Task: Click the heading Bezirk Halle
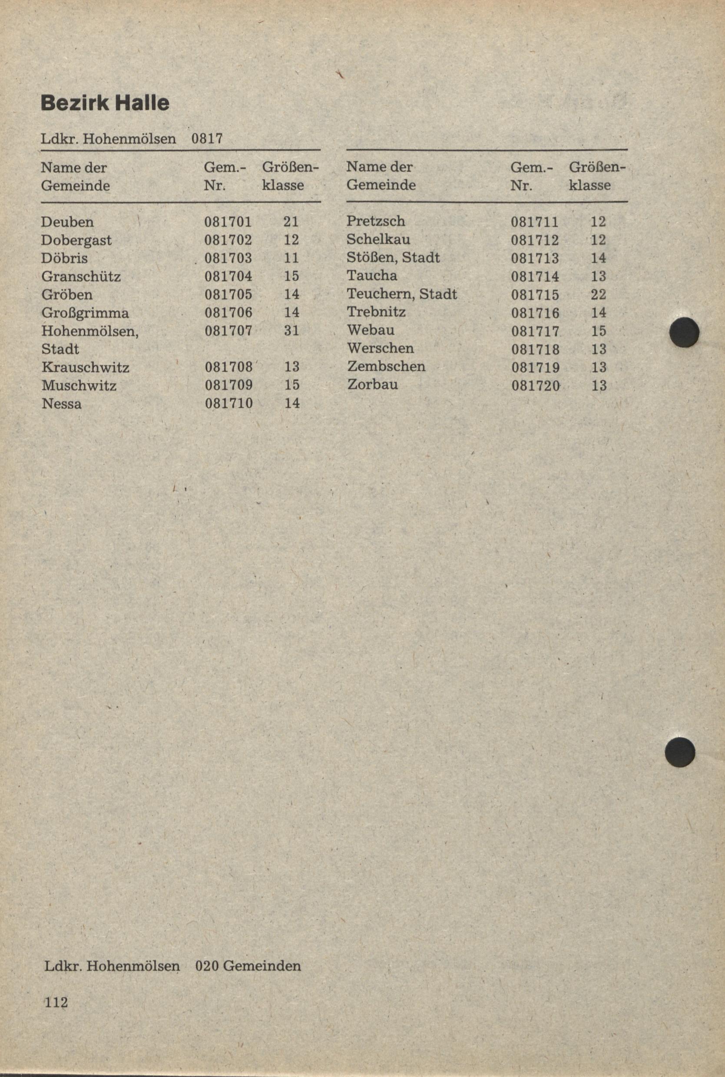coord(105,102)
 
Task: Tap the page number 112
coord(56,999)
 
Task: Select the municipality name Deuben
coord(67,222)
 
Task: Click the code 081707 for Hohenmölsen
coord(228,330)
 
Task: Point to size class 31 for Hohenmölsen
coord(292,330)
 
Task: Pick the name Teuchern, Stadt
coord(401,294)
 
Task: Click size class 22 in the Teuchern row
coord(598,294)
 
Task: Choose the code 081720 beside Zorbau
coord(536,386)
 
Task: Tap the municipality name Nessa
coord(62,403)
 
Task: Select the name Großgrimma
coord(85,313)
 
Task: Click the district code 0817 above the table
coord(207,139)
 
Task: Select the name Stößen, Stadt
coord(393,258)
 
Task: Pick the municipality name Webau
coord(371,330)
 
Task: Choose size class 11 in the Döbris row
coord(291,258)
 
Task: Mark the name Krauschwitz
coord(85,367)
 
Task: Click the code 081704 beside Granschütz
coord(228,276)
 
